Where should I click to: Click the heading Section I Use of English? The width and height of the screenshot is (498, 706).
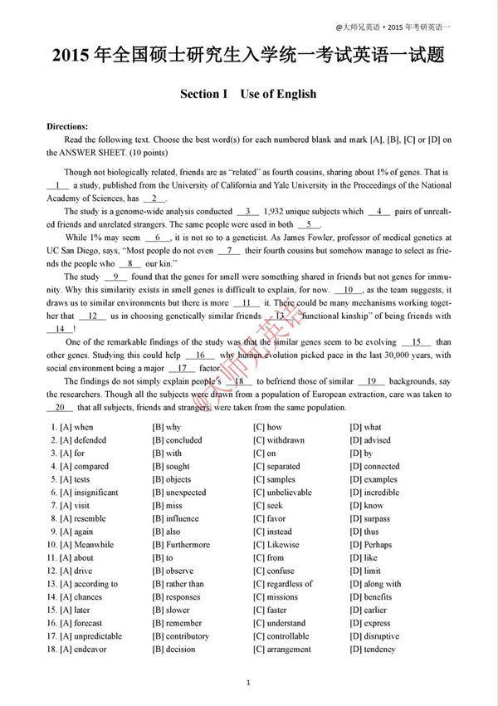pyautogui.click(x=248, y=94)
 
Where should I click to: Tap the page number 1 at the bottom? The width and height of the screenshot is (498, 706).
pyautogui.click(x=249, y=682)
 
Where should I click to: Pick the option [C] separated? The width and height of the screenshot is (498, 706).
pyautogui.click(x=277, y=467)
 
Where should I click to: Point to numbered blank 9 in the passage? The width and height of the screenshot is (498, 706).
pyautogui.click(x=115, y=277)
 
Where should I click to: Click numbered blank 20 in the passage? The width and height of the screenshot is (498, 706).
pyautogui.click(x=59, y=408)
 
